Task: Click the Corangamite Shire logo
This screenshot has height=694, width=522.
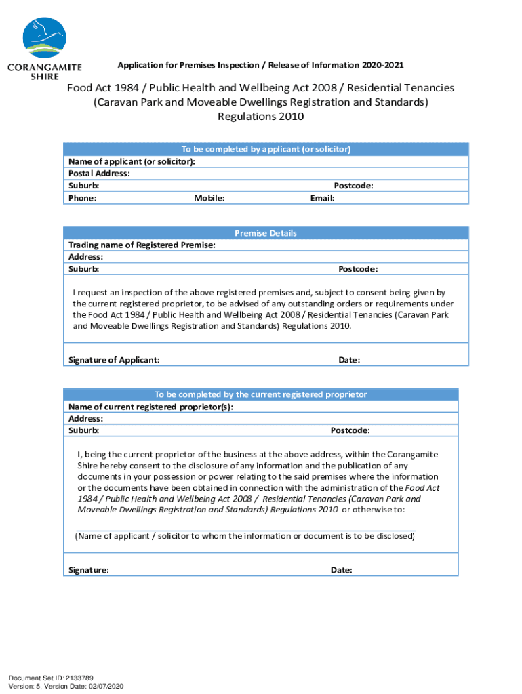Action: (x=45, y=47)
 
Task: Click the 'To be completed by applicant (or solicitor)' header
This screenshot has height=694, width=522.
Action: (x=266, y=149)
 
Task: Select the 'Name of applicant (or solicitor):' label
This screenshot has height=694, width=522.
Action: (x=132, y=161)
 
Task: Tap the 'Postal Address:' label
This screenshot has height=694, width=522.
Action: (x=99, y=173)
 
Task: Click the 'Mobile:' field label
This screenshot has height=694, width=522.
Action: (x=209, y=198)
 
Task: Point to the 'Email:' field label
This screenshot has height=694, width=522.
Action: (x=322, y=198)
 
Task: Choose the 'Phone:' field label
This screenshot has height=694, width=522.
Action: (x=83, y=198)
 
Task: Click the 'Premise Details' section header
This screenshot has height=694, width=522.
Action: (x=266, y=233)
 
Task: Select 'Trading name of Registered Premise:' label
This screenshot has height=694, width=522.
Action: (x=142, y=245)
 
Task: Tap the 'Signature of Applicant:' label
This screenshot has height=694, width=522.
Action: (x=114, y=360)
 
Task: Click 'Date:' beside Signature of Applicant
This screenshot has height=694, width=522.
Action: (x=349, y=360)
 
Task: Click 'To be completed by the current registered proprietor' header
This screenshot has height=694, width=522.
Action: (x=260, y=394)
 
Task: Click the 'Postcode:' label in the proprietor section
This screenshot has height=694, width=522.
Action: (x=350, y=430)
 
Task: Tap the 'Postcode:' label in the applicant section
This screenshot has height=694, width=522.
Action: (x=353, y=186)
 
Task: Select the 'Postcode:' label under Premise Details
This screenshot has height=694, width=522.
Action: (x=358, y=269)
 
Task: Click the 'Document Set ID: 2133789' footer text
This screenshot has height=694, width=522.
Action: (x=51, y=678)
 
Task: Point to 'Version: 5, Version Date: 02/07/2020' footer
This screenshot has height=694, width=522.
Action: (x=66, y=686)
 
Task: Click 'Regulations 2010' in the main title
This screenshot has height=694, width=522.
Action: (x=260, y=116)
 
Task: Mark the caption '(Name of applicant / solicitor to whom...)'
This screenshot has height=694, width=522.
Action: (x=245, y=536)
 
